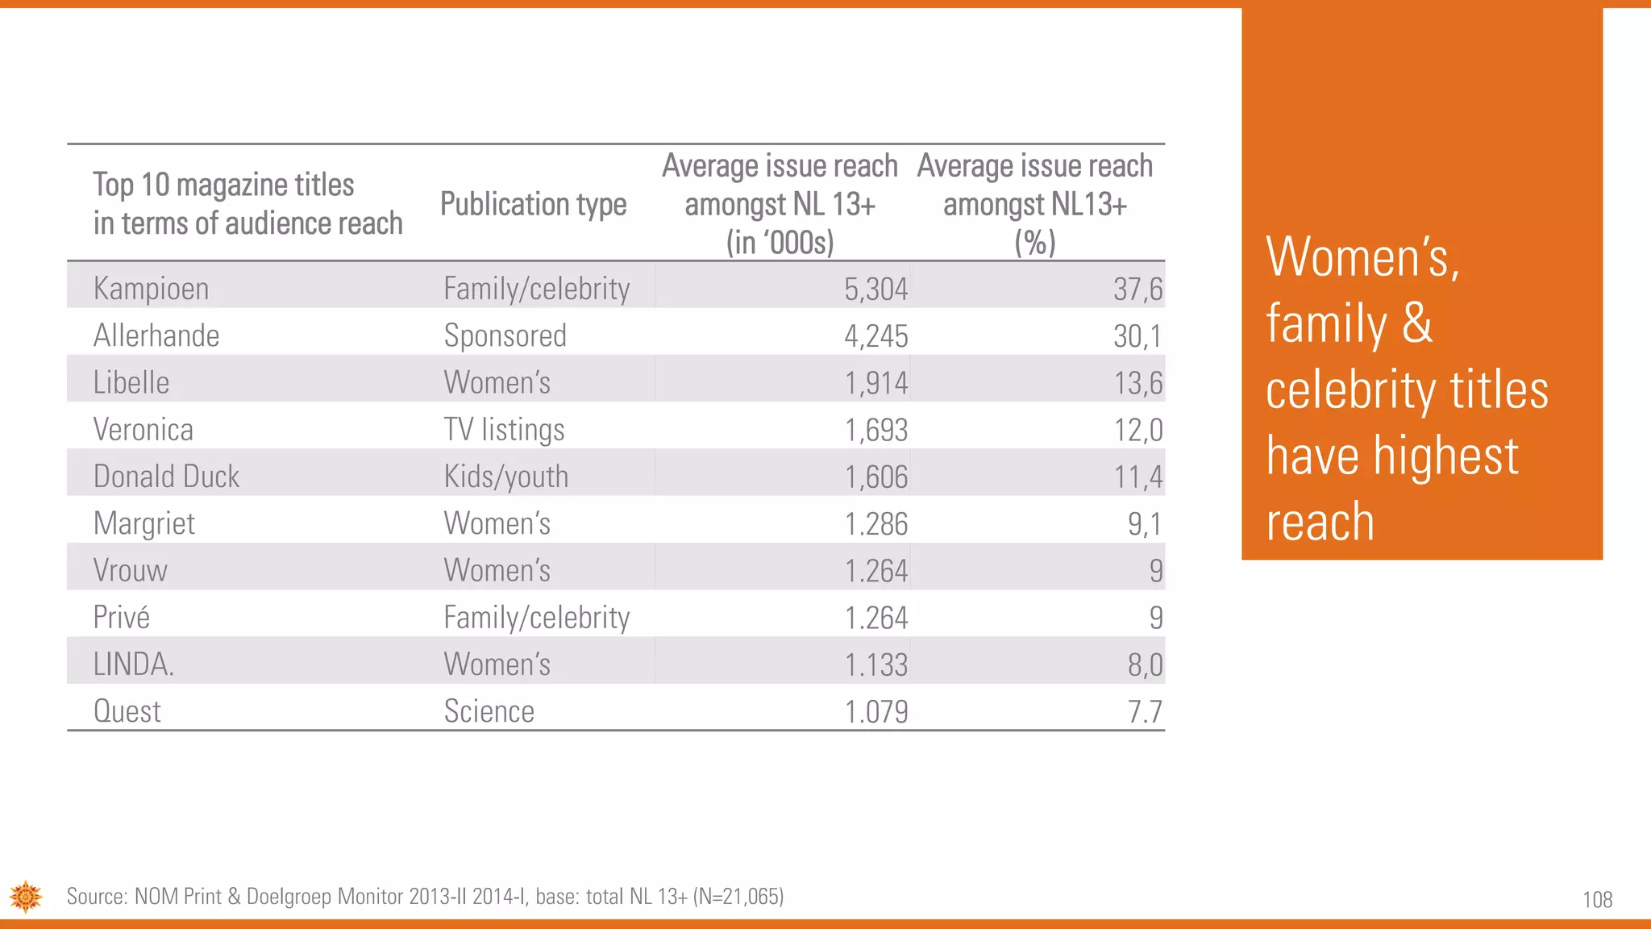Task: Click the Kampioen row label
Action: pyautogui.click(x=151, y=289)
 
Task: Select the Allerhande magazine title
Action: pyautogui.click(x=156, y=335)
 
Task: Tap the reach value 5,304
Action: pyautogui.click(x=875, y=290)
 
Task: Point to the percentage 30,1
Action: pyautogui.click(x=1137, y=336)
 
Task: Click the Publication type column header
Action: pyautogui.click(x=533, y=204)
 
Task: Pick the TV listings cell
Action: pyautogui.click(x=504, y=430)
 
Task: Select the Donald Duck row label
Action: pyautogui.click(x=166, y=477)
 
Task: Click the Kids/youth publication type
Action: pyautogui.click(x=505, y=477)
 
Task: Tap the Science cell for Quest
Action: pyautogui.click(x=489, y=711)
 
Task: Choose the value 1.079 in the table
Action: pyautogui.click(x=875, y=712)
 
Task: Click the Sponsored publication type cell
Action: pyautogui.click(x=505, y=335)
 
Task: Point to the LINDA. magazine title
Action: pyautogui.click(x=133, y=664)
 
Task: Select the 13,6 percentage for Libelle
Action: pyautogui.click(x=1137, y=383)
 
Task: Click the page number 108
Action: pyautogui.click(x=1597, y=899)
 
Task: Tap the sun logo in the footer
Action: pyautogui.click(x=26, y=896)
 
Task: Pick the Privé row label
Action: pyautogui.click(x=121, y=618)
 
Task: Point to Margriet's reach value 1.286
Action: pyautogui.click(x=875, y=524)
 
